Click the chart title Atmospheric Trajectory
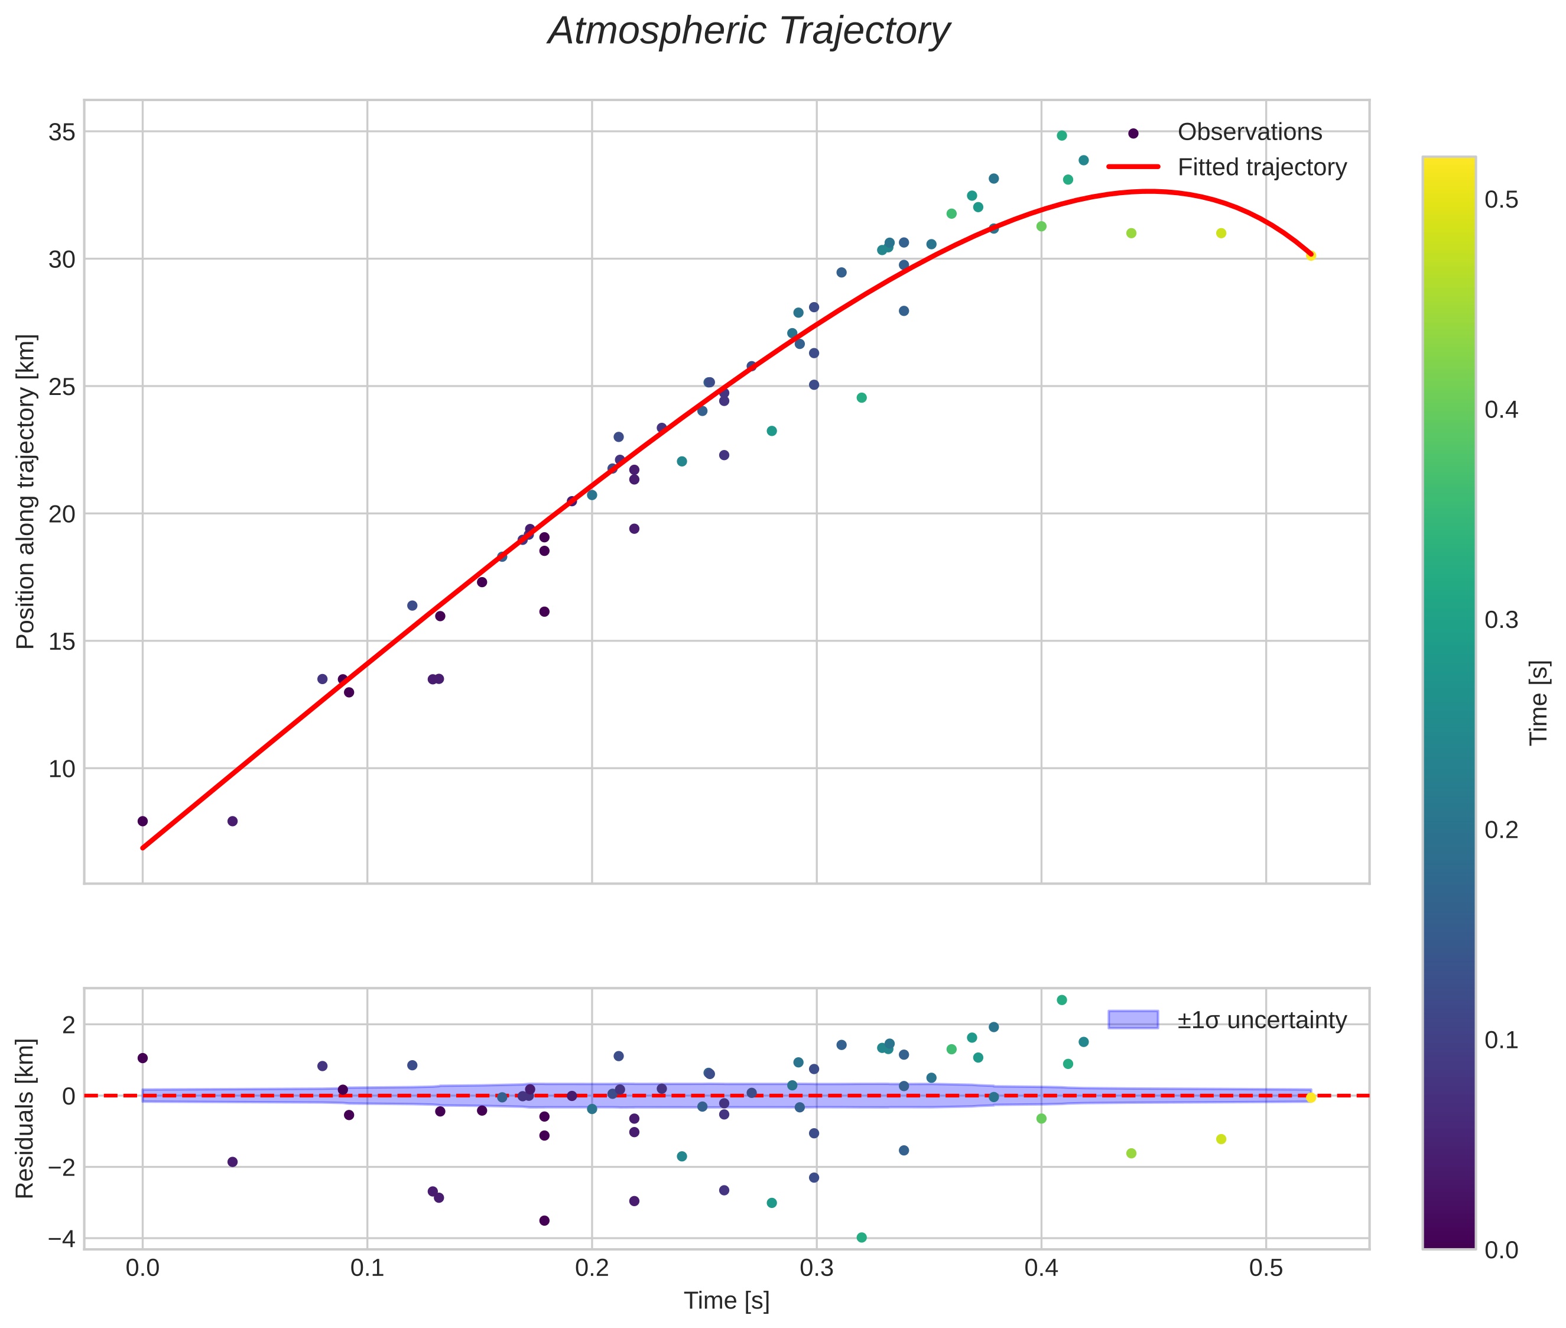748,31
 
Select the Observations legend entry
1249,132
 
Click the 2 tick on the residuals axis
69,1025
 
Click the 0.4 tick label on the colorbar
1500,410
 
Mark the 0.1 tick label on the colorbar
1500,1039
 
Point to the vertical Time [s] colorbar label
1539,702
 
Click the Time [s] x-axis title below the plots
726,1301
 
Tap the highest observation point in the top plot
1062,135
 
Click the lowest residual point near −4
862,1238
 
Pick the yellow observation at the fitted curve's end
1311,256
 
